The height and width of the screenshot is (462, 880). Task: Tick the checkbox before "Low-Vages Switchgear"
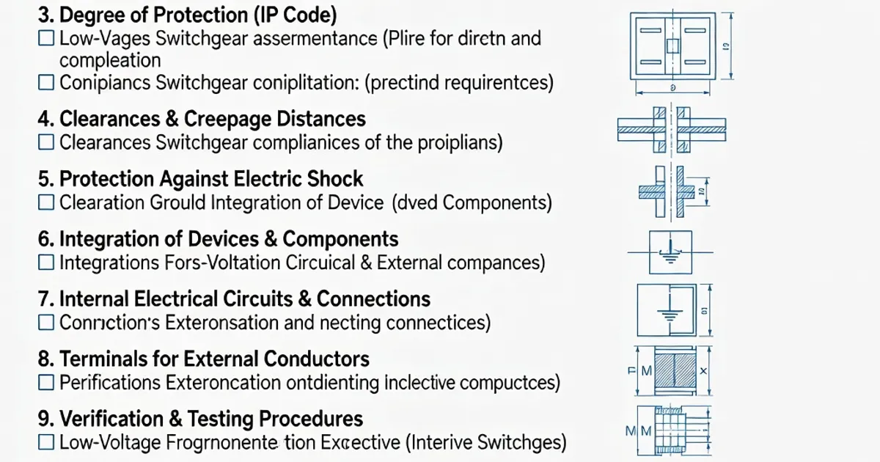[46, 39]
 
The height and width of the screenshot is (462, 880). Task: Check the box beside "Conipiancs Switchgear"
[46, 83]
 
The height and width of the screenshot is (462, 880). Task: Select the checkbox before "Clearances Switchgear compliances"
[46, 142]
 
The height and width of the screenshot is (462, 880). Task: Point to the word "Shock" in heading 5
[333, 179]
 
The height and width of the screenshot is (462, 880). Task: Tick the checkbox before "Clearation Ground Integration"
[46, 202]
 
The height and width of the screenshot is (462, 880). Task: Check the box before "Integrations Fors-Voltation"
[46, 262]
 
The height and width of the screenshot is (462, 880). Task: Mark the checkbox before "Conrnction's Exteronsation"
[46, 322]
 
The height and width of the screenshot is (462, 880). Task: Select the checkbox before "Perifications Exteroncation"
[46, 382]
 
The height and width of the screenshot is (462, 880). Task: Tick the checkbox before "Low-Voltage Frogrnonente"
[46, 442]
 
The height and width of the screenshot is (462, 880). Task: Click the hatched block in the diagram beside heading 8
[673, 372]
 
